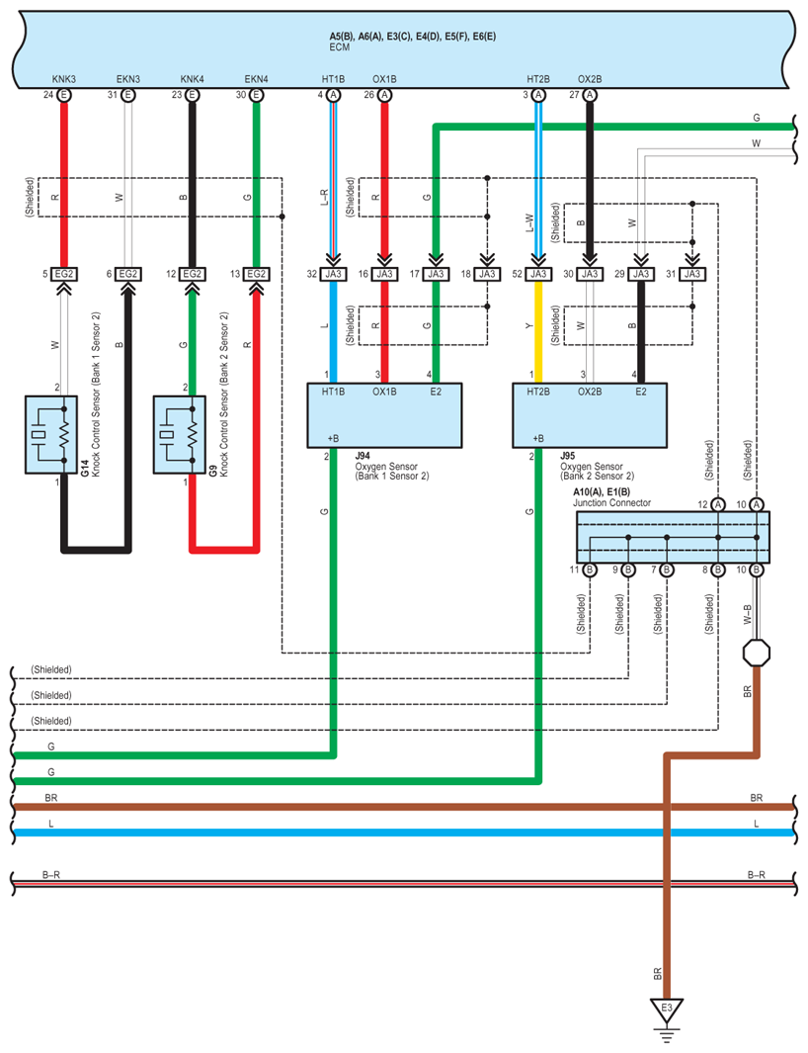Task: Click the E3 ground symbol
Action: pos(667,1011)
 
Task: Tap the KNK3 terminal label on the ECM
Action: pos(64,79)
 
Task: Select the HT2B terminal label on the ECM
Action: pos(538,79)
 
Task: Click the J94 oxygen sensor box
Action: pos(385,416)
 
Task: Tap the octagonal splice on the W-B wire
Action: pos(757,654)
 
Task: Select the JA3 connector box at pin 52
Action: pos(538,274)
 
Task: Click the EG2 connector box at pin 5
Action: pos(64,274)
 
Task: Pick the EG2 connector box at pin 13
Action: pos(256,274)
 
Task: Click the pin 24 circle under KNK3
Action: pos(64,95)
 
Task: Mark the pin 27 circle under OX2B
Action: pos(590,95)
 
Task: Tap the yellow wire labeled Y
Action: pos(538,332)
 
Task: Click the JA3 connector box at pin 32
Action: pos(333,274)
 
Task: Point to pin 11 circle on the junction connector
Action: pos(590,570)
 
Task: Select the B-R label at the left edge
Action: pos(52,874)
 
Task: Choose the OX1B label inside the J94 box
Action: pos(384,393)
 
